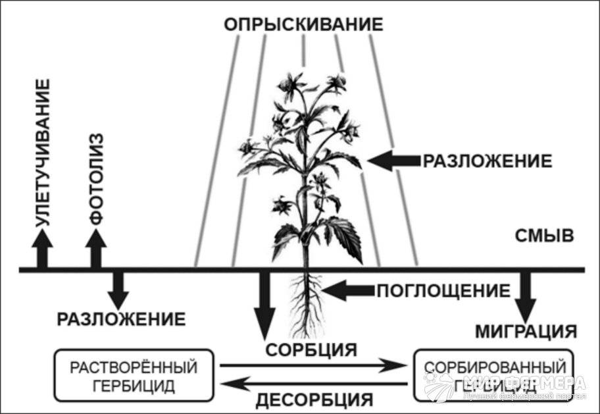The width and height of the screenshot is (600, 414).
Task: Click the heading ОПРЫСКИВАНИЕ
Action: pos(303,24)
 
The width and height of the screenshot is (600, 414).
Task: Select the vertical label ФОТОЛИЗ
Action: pos(95,179)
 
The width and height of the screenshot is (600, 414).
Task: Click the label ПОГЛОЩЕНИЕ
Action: pos(443,290)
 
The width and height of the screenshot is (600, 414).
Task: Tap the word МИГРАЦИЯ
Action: pos(526,330)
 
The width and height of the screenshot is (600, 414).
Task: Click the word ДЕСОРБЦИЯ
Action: pos(314,399)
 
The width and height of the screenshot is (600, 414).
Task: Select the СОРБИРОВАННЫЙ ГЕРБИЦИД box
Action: pos(493,375)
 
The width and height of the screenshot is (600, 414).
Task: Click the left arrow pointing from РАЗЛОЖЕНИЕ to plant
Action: pos(393,160)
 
